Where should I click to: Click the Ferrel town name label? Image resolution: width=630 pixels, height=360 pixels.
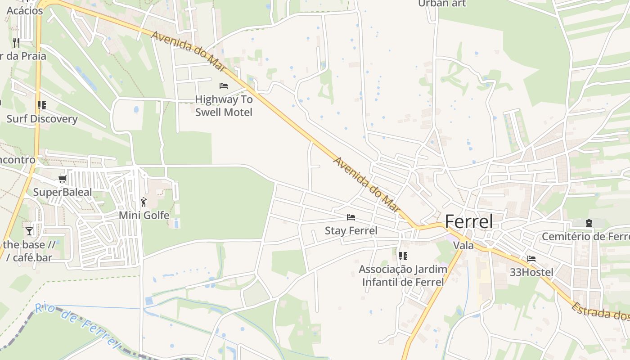468,221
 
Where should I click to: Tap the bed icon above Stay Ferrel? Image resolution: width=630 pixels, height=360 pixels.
351,217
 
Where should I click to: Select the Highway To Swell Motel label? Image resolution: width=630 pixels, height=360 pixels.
224,106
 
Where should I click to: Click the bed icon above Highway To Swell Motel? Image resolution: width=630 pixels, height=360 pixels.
224,85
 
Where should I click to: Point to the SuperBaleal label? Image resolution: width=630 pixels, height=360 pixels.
62,193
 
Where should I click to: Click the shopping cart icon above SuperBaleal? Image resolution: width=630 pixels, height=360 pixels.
63,179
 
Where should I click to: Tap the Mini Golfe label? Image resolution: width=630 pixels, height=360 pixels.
144,216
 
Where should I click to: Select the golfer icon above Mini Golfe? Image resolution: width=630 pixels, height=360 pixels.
144,202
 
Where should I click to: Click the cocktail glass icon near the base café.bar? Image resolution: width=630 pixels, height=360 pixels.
29,231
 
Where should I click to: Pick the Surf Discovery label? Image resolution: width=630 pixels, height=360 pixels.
42,119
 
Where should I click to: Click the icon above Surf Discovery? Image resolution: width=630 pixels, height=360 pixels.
42,105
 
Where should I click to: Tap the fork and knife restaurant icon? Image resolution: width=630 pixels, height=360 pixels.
16,43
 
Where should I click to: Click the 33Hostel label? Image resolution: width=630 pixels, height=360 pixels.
531,272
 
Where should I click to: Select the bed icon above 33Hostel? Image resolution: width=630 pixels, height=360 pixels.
531,259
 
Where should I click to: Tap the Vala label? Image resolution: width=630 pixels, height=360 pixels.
463,246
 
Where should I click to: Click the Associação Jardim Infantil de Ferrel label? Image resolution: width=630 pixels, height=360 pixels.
403,276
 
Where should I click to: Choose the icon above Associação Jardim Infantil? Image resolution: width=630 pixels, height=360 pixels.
403,256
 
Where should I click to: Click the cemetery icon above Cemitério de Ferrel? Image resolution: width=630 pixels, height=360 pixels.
589,223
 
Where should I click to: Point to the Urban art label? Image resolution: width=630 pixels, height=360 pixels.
441,4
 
